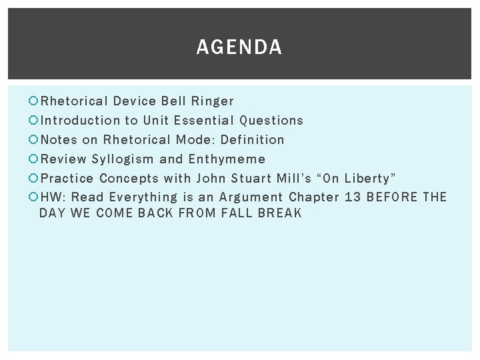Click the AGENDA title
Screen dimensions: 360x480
(x=239, y=47)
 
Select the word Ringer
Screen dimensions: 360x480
(x=213, y=101)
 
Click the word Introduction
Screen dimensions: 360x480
(x=81, y=121)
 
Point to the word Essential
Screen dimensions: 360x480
(x=203, y=121)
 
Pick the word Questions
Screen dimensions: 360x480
(x=271, y=121)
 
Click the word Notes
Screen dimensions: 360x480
(x=59, y=140)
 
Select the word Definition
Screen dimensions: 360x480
(x=252, y=140)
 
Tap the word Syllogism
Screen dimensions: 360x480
(x=123, y=159)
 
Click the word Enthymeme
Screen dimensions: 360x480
(x=227, y=159)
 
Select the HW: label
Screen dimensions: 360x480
(x=53, y=197)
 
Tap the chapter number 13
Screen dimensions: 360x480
(x=352, y=197)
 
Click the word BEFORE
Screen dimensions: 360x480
(x=392, y=197)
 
